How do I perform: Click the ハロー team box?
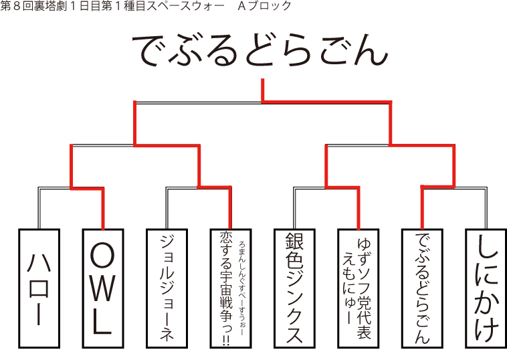click(x=39, y=288)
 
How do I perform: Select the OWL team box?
click(x=103, y=288)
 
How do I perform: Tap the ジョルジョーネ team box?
click(x=167, y=288)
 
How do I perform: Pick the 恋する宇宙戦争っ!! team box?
click(x=231, y=288)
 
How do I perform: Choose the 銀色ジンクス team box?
click(x=294, y=288)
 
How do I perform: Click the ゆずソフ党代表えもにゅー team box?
click(x=359, y=288)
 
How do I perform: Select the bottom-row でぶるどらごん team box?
click(x=422, y=288)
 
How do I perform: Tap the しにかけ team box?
click(x=486, y=288)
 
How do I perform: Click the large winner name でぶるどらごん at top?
click(x=261, y=50)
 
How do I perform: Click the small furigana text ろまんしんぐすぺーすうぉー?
click(x=243, y=288)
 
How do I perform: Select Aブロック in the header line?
click(x=264, y=6)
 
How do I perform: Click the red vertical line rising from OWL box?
click(x=103, y=209)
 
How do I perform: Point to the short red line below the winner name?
click(x=263, y=90)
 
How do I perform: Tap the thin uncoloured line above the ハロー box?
click(x=39, y=209)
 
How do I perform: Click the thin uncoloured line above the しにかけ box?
click(x=486, y=209)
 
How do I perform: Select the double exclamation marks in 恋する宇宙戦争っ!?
click(x=226, y=341)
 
